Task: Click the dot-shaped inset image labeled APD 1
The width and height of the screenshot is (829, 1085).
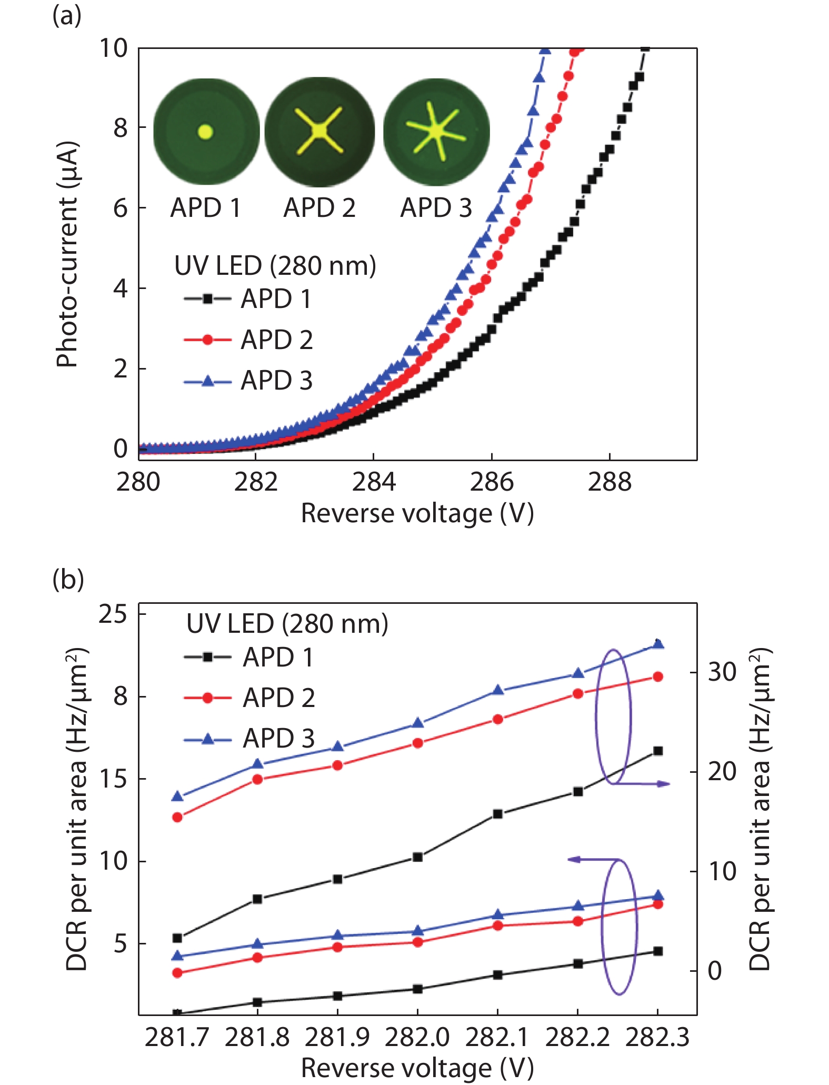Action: point(206,132)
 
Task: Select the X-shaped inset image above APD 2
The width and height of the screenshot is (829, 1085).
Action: point(319,131)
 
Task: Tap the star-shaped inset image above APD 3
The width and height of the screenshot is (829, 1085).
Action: point(436,131)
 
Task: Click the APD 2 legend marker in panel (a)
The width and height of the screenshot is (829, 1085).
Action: point(207,340)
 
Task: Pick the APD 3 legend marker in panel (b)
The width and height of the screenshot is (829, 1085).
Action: point(207,739)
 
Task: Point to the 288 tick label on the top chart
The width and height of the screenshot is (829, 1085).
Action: point(609,482)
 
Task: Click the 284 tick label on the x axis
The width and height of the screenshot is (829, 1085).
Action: point(373,482)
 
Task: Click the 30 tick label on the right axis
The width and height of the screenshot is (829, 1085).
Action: point(722,672)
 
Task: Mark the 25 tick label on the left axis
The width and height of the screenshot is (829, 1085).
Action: point(113,614)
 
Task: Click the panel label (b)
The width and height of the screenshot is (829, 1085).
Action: point(68,579)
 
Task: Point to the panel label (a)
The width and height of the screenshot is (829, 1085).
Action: point(67,16)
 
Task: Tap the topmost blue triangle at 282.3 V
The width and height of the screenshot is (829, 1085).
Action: point(657,644)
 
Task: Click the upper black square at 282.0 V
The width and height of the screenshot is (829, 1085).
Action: point(417,857)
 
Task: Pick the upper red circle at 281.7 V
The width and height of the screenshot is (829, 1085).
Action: point(177,817)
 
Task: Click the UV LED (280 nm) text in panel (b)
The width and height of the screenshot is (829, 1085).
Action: point(287,624)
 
